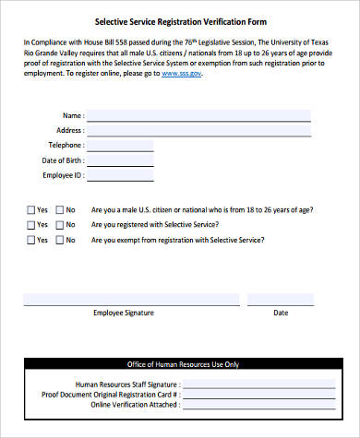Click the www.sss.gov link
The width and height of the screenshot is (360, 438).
(182, 72)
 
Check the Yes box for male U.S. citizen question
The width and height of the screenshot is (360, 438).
(31, 209)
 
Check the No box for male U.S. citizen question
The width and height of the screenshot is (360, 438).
(61, 209)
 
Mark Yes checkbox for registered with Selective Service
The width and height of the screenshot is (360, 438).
(31, 224)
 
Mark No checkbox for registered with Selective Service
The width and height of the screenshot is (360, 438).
(61, 224)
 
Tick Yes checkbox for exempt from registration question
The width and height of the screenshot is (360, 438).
(31, 240)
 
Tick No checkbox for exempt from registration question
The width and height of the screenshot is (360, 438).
(61, 240)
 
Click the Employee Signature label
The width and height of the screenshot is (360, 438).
(124, 313)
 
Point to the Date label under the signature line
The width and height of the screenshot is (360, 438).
(281, 313)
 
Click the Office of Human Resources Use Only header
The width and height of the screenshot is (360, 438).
(180, 338)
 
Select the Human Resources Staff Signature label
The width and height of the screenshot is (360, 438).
(127, 358)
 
